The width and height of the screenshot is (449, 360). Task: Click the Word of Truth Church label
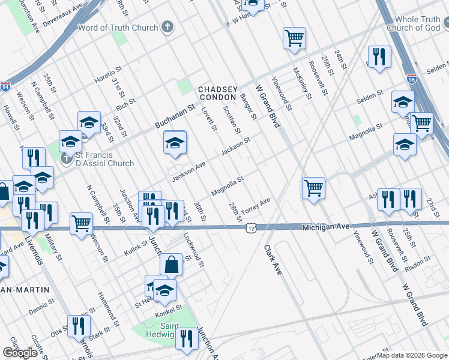tap(118, 28)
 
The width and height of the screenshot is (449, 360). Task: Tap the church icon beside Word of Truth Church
tap(167, 27)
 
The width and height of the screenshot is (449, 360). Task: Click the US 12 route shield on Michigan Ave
tap(250, 228)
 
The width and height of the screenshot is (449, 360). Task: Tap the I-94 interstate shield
tap(6, 87)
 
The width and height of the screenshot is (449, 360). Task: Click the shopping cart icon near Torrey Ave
tap(313, 187)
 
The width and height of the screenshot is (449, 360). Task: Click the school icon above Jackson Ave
tap(175, 142)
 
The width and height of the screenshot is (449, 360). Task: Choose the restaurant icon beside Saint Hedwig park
tap(187, 338)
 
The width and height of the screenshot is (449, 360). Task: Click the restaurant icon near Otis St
tap(79, 326)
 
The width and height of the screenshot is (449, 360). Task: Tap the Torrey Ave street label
tap(256, 207)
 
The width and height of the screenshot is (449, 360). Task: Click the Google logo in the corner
tap(20, 353)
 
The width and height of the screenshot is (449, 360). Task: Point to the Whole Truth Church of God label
tap(413, 23)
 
